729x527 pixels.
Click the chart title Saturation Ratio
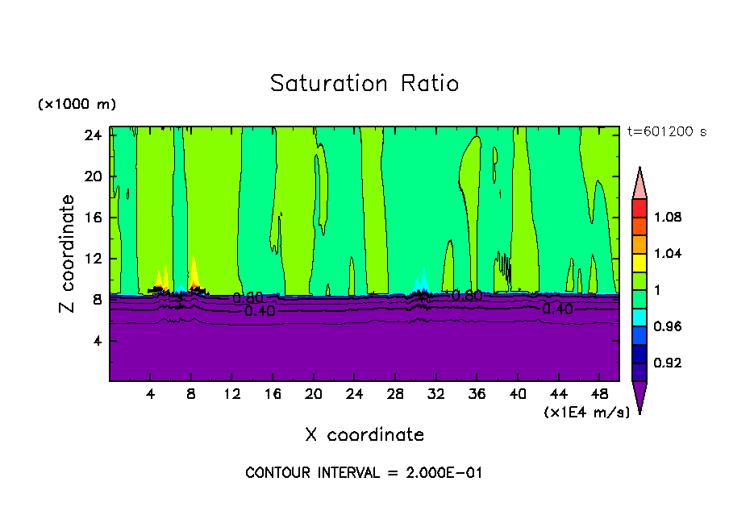pyautogui.click(x=364, y=83)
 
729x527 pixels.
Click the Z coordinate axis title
pyautogui.click(x=68, y=254)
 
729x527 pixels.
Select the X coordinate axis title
pyautogui.click(x=364, y=435)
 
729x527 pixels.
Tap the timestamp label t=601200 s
pyautogui.click(x=666, y=132)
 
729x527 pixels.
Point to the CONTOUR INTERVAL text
pyautogui.click(x=364, y=473)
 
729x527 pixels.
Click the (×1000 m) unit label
pyautogui.click(x=77, y=105)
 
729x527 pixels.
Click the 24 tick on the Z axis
pyautogui.click(x=94, y=135)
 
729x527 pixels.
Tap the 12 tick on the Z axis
pyautogui.click(x=94, y=259)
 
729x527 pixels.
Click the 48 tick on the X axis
pyautogui.click(x=600, y=394)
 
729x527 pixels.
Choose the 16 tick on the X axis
pyautogui.click(x=273, y=394)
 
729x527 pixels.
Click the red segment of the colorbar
pyautogui.click(x=639, y=207)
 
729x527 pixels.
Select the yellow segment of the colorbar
pyautogui.click(x=639, y=262)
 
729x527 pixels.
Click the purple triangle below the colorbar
pyautogui.click(x=639, y=395)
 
